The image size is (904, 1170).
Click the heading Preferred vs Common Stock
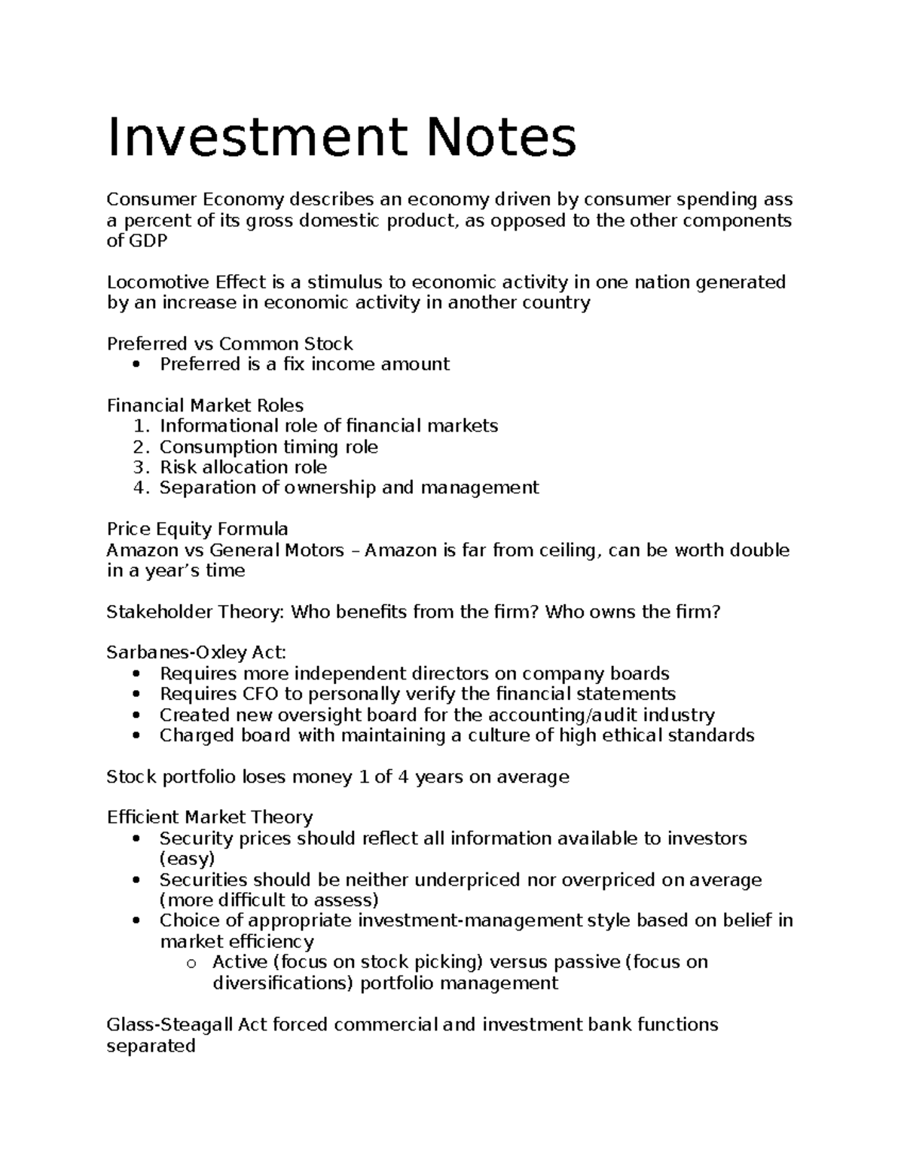(x=230, y=344)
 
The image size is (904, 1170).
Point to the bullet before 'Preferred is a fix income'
(x=136, y=365)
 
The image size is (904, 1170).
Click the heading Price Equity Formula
(x=197, y=529)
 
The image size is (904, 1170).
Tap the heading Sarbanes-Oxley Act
(x=197, y=652)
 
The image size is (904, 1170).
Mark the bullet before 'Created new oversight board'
(x=136, y=716)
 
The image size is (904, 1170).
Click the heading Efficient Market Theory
(x=209, y=817)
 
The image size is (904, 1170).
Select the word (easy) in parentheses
(x=187, y=859)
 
